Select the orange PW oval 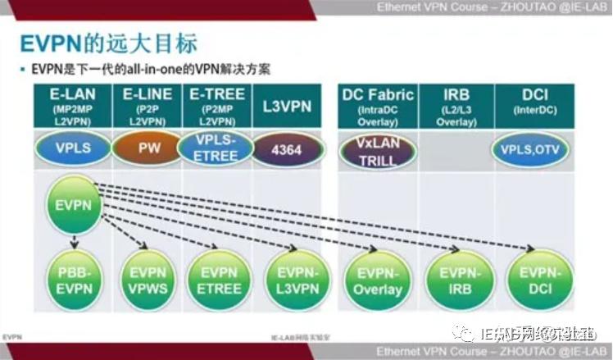[149, 150]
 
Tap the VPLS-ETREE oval [216, 150]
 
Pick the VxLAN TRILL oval [378, 151]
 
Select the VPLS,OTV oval [534, 150]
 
